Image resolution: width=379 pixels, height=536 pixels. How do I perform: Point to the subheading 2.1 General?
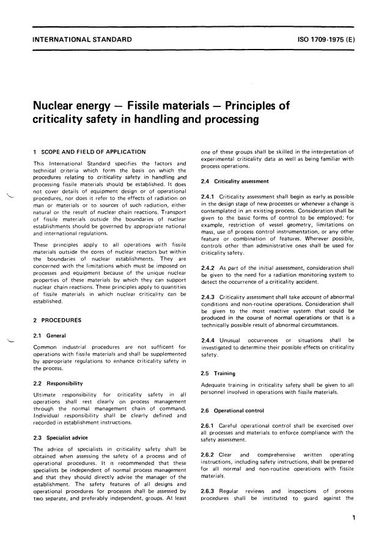click(x=51, y=335)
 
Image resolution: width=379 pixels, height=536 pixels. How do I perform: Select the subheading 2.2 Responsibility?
click(x=60, y=383)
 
